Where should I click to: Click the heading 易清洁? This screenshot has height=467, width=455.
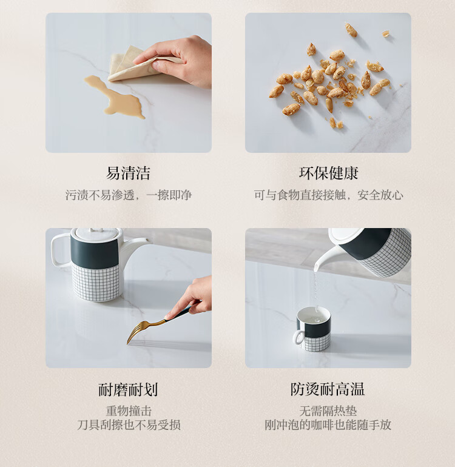point(128,173)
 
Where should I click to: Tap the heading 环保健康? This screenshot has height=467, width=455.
point(328,173)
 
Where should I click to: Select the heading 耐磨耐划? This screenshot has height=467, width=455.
point(128,389)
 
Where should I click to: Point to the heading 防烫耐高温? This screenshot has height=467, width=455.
point(328,389)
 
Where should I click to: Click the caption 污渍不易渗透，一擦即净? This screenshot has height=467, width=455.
point(129,195)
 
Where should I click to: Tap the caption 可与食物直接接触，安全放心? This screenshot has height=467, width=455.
point(328,195)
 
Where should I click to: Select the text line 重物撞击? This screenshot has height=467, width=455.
point(129,411)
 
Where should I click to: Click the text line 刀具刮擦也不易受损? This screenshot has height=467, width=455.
point(129,425)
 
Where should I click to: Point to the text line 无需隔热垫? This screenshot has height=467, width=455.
point(328,411)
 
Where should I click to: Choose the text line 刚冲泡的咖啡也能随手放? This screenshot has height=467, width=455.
point(328,425)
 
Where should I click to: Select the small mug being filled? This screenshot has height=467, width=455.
point(313,329)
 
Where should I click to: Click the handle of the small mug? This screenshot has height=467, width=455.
point(298,337)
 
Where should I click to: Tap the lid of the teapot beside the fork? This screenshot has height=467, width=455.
point(97,234)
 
